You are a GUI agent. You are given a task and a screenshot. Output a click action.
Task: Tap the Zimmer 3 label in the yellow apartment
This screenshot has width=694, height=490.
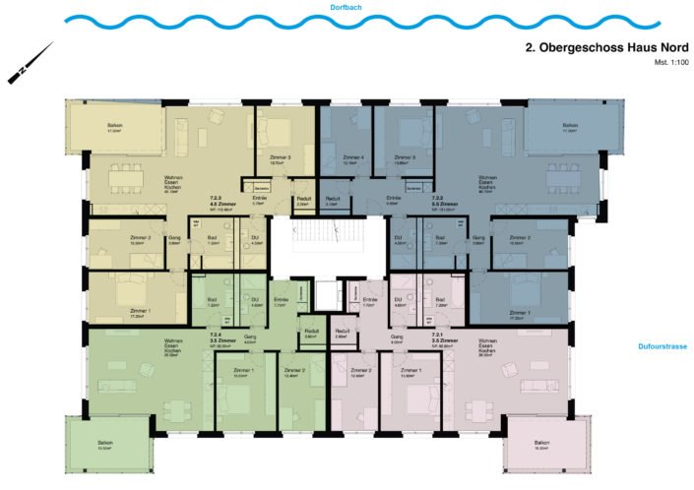click(280, 157)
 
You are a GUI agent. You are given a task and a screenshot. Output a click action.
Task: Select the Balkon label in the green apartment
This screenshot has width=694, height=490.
click(104, 443)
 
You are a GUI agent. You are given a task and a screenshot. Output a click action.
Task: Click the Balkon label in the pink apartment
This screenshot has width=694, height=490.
click(542, 443)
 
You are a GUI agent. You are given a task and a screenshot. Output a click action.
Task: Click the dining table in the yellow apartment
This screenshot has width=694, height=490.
click(126, 179)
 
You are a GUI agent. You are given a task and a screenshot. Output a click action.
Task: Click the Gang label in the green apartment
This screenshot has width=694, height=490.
click(250, 337)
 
